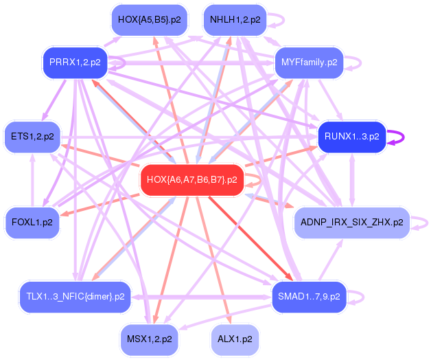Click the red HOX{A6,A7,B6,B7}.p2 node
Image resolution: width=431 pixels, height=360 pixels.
191,180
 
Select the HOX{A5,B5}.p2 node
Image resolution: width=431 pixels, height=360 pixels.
149,20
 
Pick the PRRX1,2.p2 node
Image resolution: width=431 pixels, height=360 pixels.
75,63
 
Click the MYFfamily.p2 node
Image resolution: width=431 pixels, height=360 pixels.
309,63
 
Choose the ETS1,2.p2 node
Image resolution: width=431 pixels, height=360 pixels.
32,136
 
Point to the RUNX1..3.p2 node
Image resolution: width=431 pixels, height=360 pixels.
351,136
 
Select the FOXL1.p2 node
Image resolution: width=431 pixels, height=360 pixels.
32,222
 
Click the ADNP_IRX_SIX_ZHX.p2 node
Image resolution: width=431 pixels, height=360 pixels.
351,222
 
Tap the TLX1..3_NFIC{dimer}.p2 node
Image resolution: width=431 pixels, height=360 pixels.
75,296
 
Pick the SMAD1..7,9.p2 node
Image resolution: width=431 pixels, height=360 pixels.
309,296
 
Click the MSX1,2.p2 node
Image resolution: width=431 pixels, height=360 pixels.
149,339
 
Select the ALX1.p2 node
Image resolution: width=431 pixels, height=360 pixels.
234,339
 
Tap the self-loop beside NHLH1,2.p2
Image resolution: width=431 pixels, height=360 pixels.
276,20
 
